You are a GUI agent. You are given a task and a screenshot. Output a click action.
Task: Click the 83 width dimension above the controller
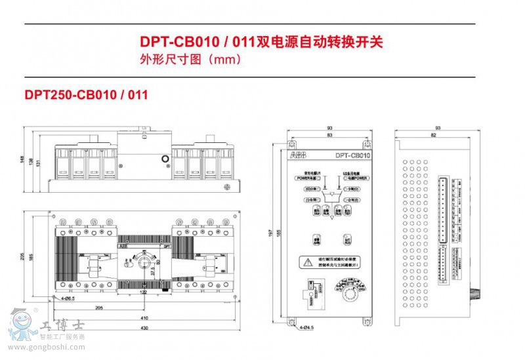pyautogui.click(x=328, y=135)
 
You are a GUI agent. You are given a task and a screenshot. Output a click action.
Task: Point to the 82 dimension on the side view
pyautogui.click(x=434, y=135)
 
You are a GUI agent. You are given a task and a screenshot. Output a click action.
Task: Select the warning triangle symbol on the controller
pyautogui.click(x=306, y=261)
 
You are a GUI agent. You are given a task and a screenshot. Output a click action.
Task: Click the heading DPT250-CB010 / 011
pyautogui.click(x=86, y=94)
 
